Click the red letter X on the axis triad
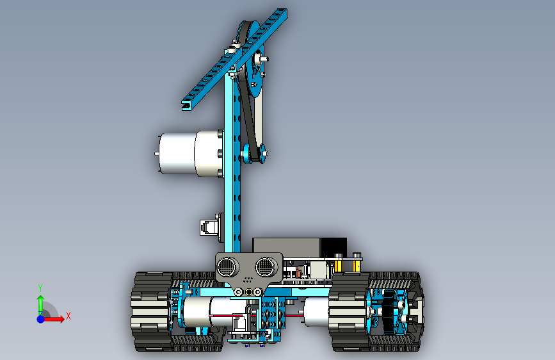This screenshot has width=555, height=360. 68,316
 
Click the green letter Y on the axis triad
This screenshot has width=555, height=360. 40,288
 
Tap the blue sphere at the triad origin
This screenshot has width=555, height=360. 41,319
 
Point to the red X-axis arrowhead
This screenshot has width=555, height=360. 61,319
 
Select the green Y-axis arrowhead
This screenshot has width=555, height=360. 41,299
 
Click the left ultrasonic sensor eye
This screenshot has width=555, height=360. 228,267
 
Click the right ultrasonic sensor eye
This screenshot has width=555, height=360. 266,266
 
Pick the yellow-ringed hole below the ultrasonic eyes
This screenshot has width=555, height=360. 249,292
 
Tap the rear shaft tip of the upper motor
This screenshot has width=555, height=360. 156,154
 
